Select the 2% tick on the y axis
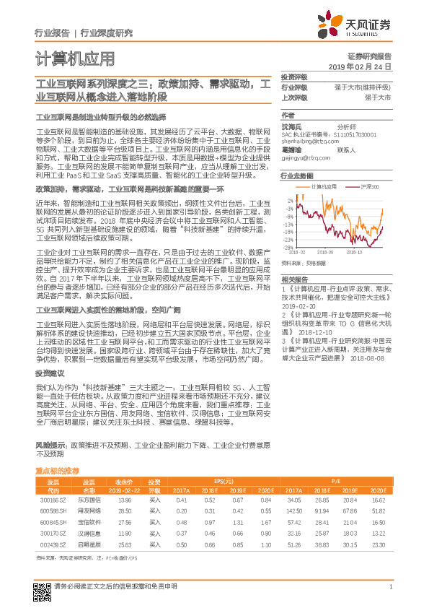click(x=290, y=200)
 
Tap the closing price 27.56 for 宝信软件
click(x=124, y=521)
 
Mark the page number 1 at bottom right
click(x=390, y=587)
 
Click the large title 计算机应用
click(x=74, y=58)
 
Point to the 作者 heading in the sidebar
click(x=288, y=115)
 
